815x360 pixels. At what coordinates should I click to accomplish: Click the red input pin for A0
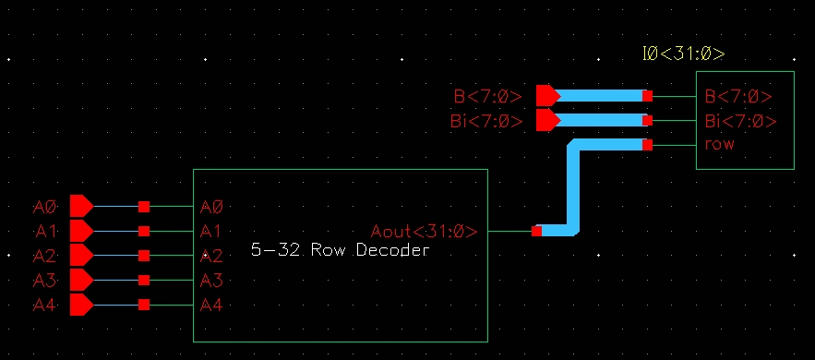click(x=81, y=206)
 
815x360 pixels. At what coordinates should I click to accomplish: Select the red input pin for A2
click(x=81, y=256)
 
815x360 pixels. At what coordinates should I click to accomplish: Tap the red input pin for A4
click(x=81, y=306)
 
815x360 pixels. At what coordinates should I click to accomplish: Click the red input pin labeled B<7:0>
click(x=547, y=95)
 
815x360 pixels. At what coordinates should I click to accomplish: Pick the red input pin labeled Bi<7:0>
click(x=547, y=120)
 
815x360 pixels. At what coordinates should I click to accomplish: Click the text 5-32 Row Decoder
click(x=340, y=250)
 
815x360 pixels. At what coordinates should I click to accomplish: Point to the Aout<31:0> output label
click(x=424, y=232)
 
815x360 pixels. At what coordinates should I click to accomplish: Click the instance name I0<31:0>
click(x=683, y=54)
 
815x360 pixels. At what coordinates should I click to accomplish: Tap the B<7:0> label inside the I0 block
click(x=737, y=96)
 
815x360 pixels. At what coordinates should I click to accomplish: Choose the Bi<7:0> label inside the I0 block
click(x=740, y=121)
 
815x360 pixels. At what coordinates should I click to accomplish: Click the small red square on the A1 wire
click(x=144, y=231)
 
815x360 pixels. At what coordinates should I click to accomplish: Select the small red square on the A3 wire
click(x=144, y=281)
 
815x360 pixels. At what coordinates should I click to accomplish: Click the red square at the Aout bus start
click(x=537, y=232)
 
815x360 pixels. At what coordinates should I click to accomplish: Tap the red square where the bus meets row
click(x=648, y=145)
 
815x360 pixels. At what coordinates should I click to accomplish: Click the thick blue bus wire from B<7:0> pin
click(x=600, y=95)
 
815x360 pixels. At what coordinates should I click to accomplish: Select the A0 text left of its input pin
click(x=44, y=207)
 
